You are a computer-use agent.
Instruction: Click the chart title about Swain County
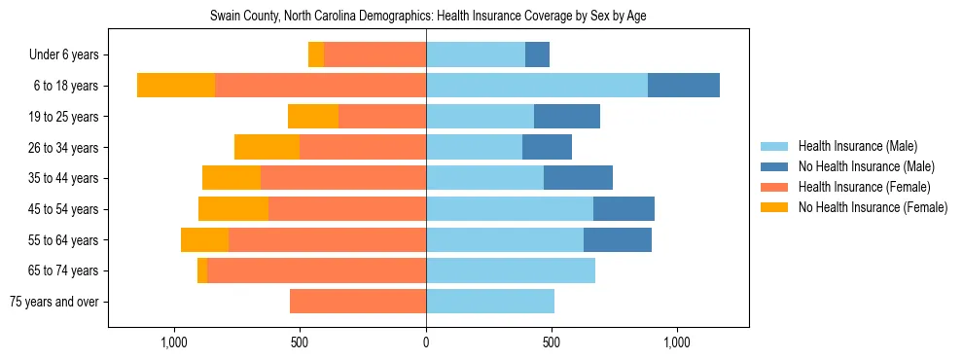pos(428,17)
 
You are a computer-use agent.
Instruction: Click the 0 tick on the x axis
pos(426,342)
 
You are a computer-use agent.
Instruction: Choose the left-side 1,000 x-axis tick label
pos(173,342)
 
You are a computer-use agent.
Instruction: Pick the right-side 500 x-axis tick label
pos(552,342)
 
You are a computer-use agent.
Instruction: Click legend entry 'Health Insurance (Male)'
pos(857,146)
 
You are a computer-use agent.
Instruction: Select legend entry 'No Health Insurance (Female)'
pos(873,207)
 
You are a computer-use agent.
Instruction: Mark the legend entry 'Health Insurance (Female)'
pos(864,187)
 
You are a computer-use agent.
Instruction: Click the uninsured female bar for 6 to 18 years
pos(176,86)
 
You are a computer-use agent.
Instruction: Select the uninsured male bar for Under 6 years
pos(537,54)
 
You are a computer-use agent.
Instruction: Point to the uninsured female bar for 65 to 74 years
pos(202,270)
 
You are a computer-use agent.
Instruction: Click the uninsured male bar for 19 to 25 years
pos(567,117)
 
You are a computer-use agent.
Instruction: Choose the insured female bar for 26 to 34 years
pos(363,147)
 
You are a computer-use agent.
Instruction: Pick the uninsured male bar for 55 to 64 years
pos(618,239)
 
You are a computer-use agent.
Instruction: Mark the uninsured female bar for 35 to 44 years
pos(232,178)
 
